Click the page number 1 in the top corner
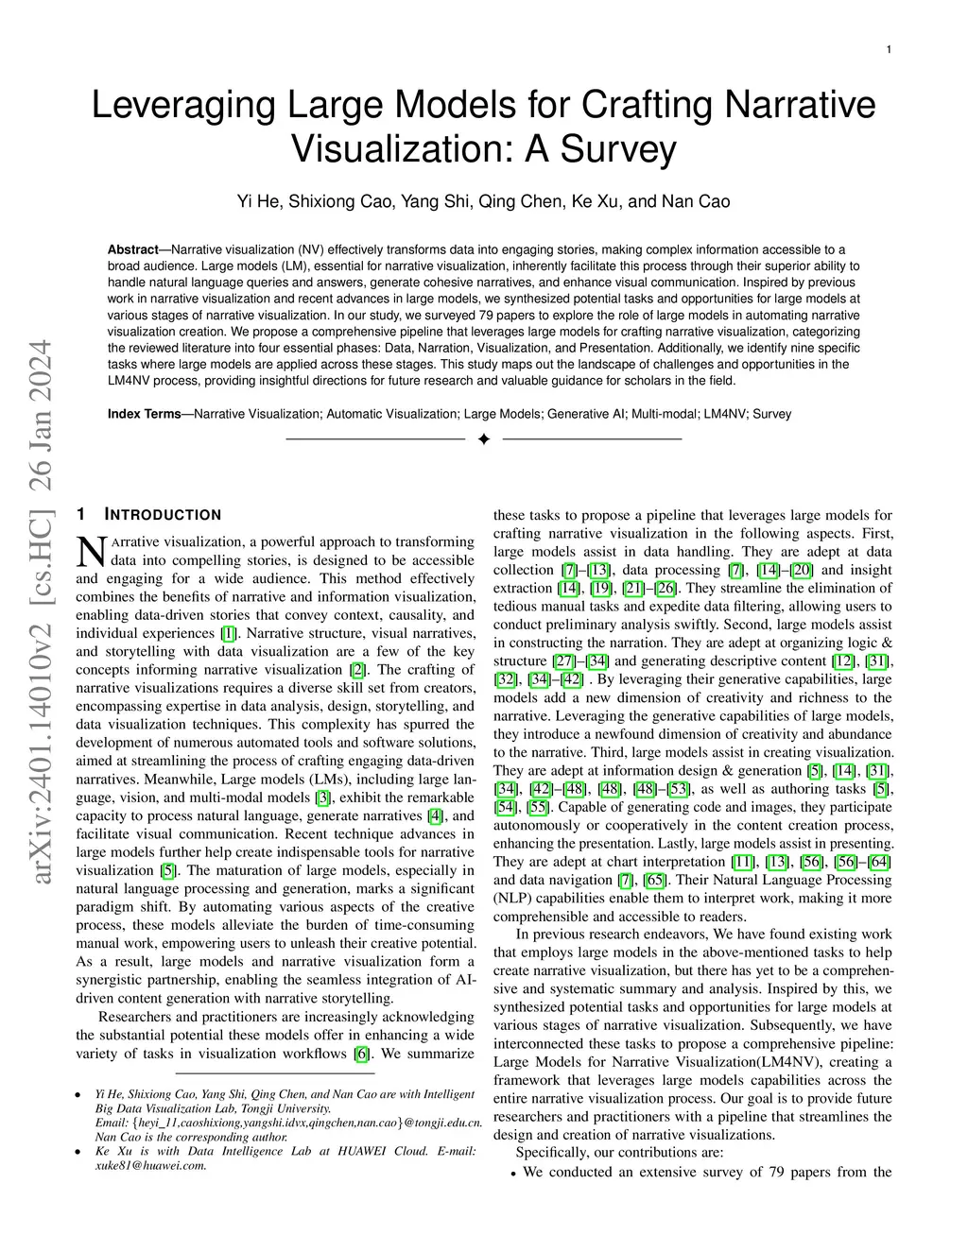click(889, 49)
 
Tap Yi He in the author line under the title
click(256, 201)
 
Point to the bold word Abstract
click(132, 249)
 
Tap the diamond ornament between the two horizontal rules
click(484, 439)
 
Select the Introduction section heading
click(162, 515)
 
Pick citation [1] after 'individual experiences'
click(229, 633)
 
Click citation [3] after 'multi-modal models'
click(322, 798)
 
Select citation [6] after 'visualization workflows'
click(361, 1054)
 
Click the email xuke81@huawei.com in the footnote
click(151, 1166)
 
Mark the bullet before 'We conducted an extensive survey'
click(512, 1174)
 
